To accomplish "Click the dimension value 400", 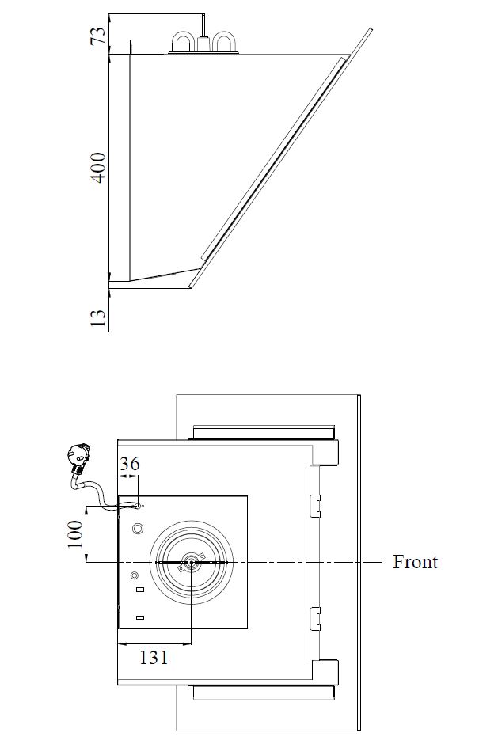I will (99, 167).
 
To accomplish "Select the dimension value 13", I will (99, 317).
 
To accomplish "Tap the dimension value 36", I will (129, 464).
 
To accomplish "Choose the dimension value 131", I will (154, 656).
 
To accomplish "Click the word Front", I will (415, 562).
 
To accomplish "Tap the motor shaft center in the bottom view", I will (192, 563).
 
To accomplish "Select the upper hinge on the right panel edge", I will (317, 504).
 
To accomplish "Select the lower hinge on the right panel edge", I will (317, 617).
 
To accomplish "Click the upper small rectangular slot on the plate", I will (139, 590).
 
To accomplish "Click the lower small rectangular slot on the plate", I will (139, 617).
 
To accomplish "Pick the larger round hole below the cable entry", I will (138, 528).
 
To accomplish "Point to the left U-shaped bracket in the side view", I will (184, 42).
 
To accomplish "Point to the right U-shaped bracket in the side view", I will (226, 42).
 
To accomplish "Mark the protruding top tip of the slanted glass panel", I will (369, 32).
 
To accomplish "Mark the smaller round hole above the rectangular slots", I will (135, 575).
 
